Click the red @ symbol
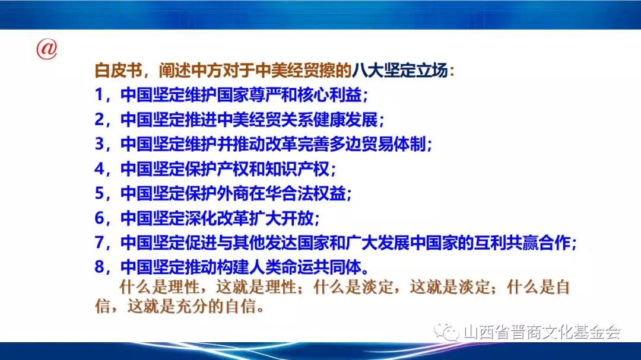pos(47,49)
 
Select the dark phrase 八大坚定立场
pos(399,71)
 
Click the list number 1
pos(99,95)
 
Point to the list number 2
pos(99,119)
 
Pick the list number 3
pos(99,144)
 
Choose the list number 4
pos(99,168)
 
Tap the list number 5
pos(99,193)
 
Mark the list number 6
pos(99,218)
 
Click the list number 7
pos(99,243)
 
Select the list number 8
pos(99,267)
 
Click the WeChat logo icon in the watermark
pos(446,332)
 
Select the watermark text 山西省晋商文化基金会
pos(542,332)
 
